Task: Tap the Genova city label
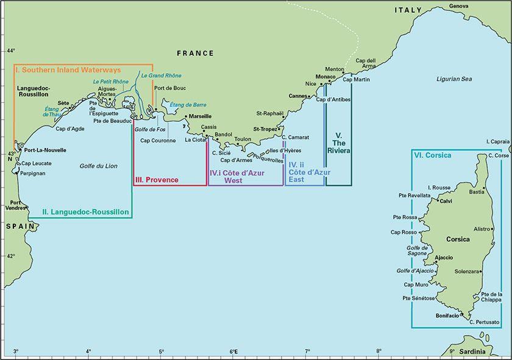pos(459,6)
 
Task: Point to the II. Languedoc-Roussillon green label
pos(87,212)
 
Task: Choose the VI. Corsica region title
pos(433,156)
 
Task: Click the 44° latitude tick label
pos(10,51)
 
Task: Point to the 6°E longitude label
pos(234,352)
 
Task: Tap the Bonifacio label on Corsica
pos(448,316)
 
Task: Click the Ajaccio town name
pos(443,258)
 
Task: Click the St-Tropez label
pos(266,129)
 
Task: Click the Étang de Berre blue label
pos(188,105)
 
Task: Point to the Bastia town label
pos(476,192)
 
